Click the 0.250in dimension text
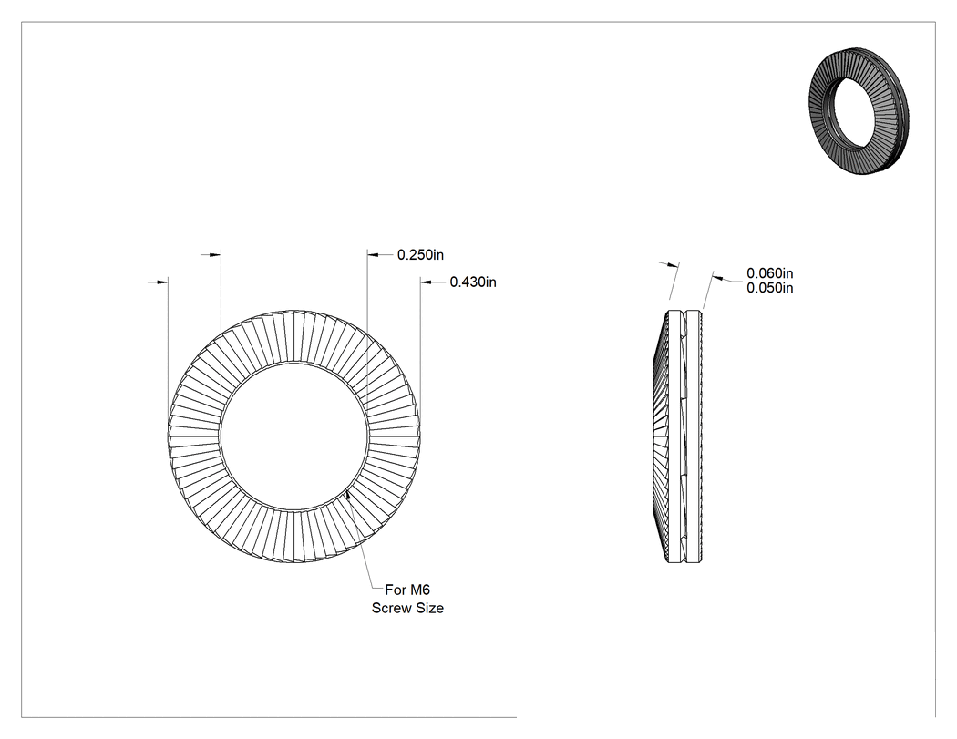click(420, 254)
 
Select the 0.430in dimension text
click(473, 282)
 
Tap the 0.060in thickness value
click(769, 272)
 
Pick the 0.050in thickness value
click(769, 287)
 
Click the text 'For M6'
click(407, 590)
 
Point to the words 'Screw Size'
click(407, 608)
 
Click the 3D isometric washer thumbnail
click(859, 110)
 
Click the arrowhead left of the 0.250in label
click(374, 254)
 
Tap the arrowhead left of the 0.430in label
click(426, 282)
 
